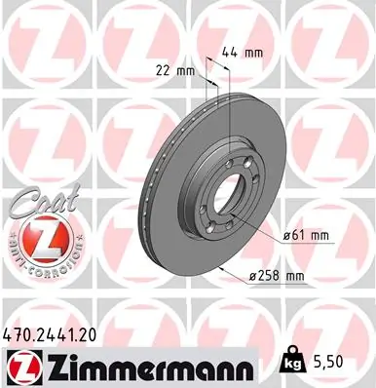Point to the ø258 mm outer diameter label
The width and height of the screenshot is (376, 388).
[278, 277]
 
